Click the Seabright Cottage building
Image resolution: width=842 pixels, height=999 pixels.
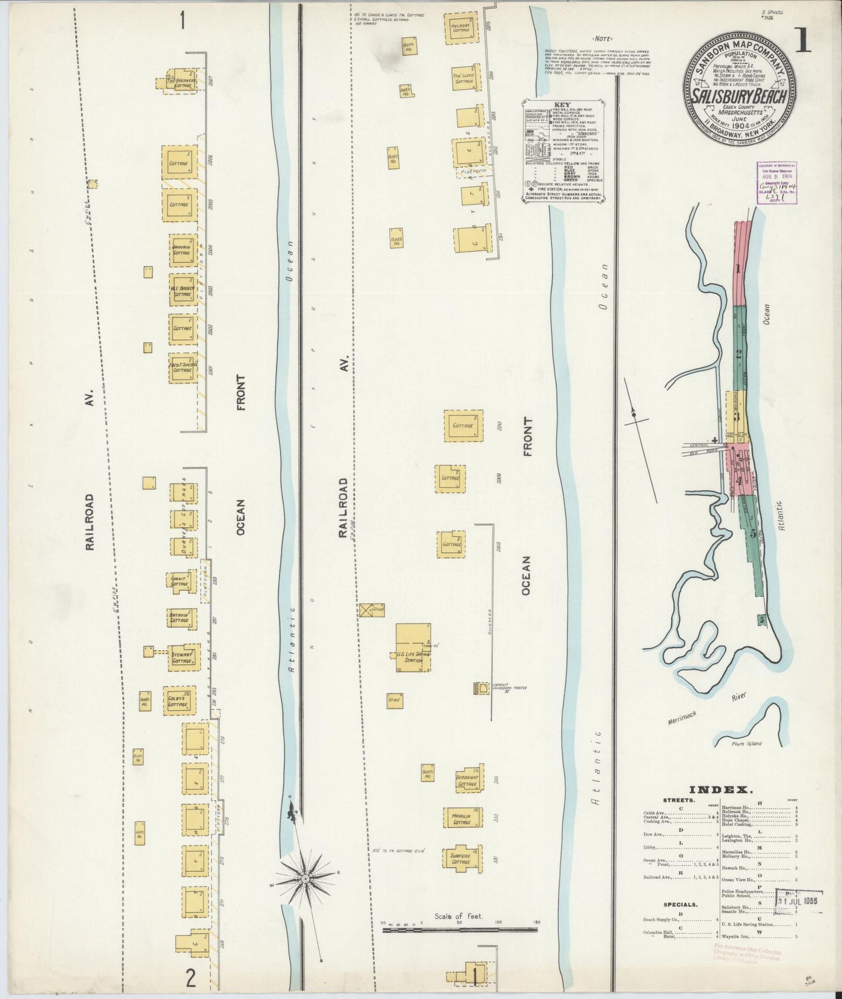point(467,780)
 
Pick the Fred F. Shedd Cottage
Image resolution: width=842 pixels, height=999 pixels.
point(182,368)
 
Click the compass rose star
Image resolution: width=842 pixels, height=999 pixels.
point(305,877)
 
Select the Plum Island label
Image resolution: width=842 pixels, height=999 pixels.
point(747,744)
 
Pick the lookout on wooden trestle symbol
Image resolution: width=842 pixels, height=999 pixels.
point(482,688)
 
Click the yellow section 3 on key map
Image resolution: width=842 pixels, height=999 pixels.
point(737,416)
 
